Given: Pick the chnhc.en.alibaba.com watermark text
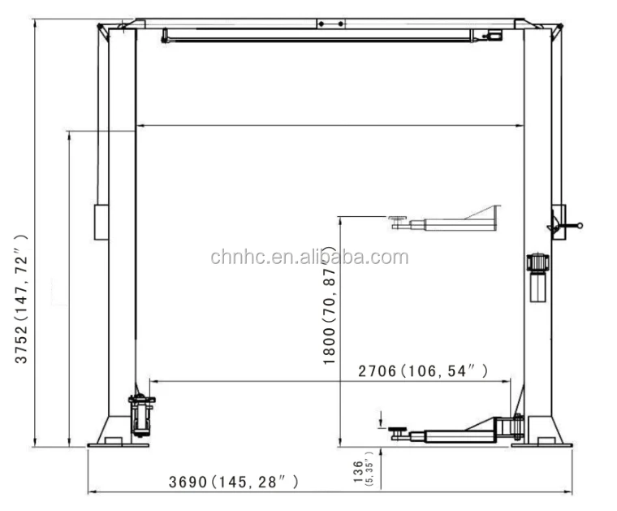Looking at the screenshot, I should coord(309,258).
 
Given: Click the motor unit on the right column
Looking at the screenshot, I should coord(536,277).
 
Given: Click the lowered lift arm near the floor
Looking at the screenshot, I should coord(455,431).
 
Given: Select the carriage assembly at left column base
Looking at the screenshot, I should coord(141,415).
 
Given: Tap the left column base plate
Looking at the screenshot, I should coord(119,444).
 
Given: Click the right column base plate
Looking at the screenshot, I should coord(541,444).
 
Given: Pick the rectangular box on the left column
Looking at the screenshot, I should coord(101,221).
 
